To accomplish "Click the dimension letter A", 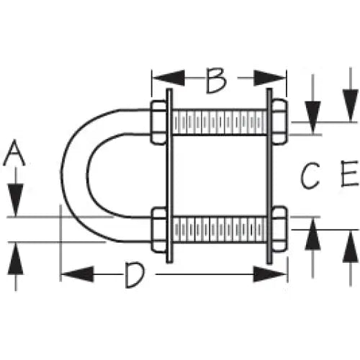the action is click(x=14, y=153).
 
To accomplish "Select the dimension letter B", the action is click(x=216, y=81).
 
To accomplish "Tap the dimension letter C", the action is click(x=310, y=175).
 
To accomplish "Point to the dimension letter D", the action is click(x=135, y=275).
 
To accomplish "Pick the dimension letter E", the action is click(x=350, y=174).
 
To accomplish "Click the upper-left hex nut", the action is click(x=158, y=122).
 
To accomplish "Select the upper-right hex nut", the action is click(x=279, y=122).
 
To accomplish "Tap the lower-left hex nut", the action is click(x=159, y=230).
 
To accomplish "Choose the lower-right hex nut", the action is click(x=279, y=230).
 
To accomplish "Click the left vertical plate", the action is click(x=169, y=176).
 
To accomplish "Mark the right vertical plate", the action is click(x=269, y=176).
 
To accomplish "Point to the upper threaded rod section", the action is click(x=220, y=122).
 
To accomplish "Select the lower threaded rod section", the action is click(x=220, y=230).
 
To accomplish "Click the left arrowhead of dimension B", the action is click(x=168, y=78).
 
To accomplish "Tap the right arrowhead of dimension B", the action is click(x=269, y=78).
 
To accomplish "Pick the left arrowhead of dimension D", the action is click(x=77, y=274).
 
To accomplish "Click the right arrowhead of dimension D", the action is click(x=269, y=274).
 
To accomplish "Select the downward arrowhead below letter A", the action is click(x=16, y=199).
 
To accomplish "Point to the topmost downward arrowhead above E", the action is click(x=351, y=105).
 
